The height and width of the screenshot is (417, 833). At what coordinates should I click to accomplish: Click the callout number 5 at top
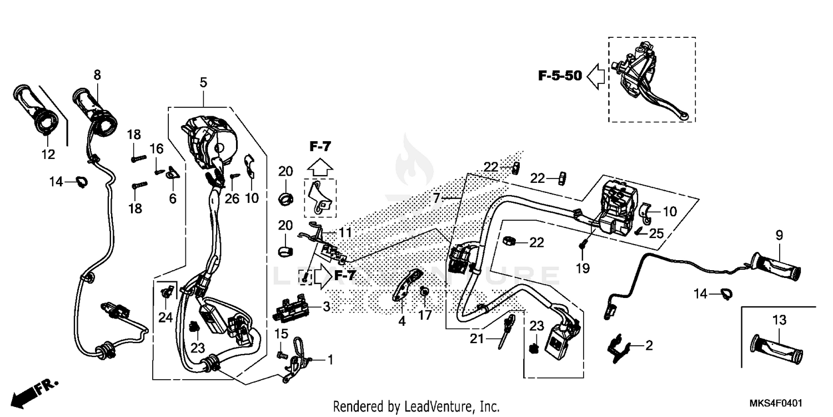coord(203,83)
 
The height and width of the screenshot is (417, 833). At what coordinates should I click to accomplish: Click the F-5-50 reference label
coord(560,76)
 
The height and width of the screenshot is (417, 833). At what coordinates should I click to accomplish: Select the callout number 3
coord(326,307)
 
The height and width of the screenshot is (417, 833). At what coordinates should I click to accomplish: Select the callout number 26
coord(232,198)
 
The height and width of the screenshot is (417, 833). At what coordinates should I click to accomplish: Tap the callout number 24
coord(165,318)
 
